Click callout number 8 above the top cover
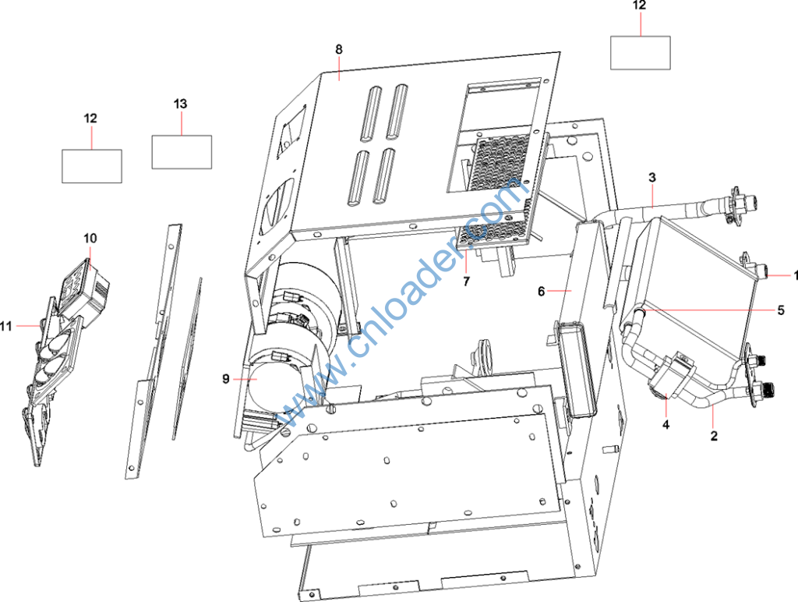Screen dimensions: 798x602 (339, 49)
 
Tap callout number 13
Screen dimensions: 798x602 (180, 104)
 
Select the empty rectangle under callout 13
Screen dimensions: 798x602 (182, 152)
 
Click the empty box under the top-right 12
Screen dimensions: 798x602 (641, 52)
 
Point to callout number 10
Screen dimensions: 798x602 (90, 239)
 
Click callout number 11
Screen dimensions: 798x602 (5, 326)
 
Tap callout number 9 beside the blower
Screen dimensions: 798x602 (226, 379)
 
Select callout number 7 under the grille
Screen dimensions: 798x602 (466, 282)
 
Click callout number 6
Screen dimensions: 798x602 (541, 292)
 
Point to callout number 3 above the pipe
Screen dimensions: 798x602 (652, 178)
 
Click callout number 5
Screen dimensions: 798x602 (781, 310)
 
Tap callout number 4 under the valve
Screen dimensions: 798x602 (666, 423)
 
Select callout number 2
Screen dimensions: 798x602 (714, 436)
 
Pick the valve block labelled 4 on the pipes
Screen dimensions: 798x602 (669, 376)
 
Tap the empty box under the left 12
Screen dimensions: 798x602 (92, 166)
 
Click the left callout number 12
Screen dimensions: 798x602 (90, 119)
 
